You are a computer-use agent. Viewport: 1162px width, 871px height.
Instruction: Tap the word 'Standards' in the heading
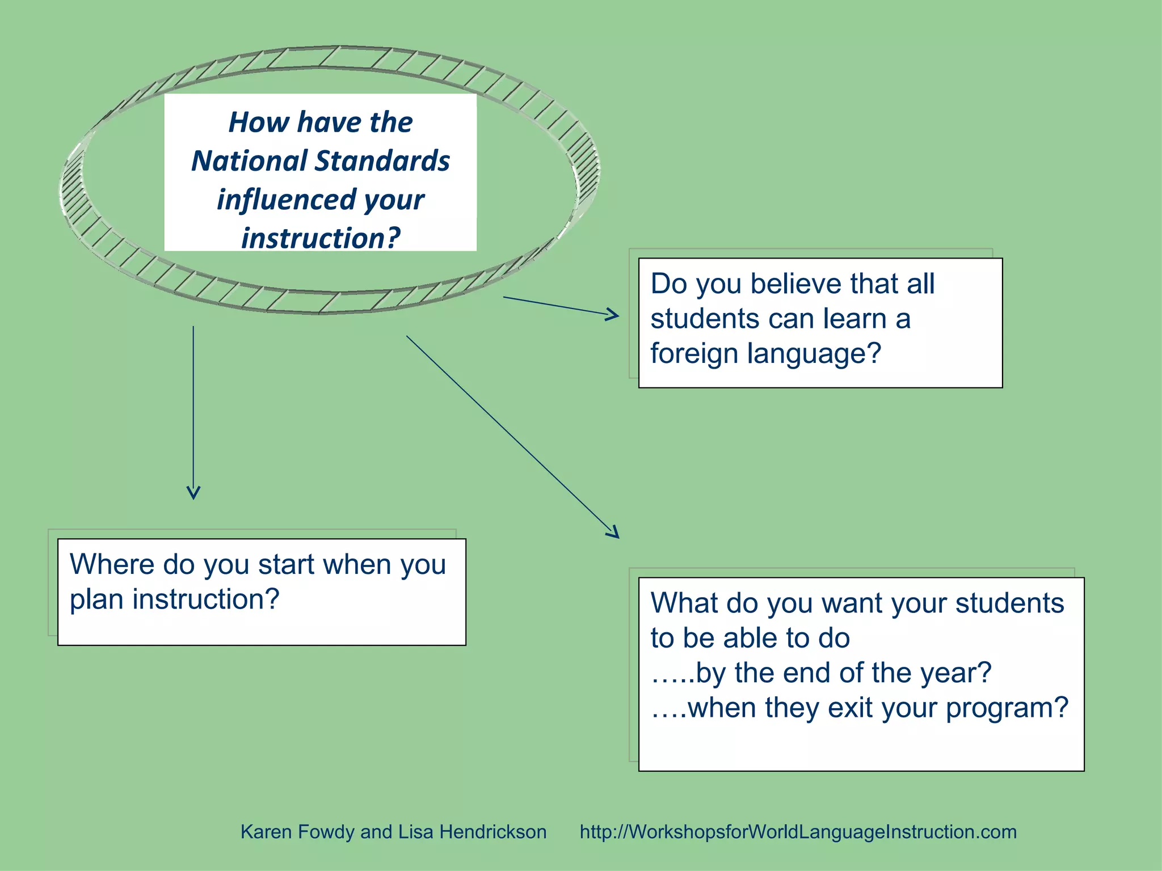382,161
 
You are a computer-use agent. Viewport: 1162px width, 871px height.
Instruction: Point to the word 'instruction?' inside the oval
321,238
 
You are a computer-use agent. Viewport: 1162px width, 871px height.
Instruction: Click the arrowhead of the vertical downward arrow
193,492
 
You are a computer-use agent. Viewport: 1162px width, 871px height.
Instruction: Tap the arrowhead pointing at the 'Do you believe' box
613,314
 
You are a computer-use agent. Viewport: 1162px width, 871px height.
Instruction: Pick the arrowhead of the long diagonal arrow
612,531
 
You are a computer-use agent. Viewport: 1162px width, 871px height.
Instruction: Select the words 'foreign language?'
765,353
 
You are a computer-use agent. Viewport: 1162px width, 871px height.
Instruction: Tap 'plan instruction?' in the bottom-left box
174,599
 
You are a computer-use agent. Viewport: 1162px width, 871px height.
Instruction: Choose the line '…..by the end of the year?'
820,673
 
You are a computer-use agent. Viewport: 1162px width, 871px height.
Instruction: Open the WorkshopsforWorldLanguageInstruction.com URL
798,832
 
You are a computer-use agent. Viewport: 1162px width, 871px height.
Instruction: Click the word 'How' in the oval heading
259,122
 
